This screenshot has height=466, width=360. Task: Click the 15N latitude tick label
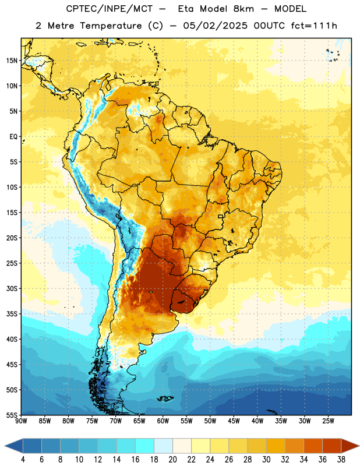[12, 61]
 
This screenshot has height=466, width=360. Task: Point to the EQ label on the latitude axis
[13, 137]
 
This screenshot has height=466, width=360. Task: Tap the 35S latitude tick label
[12, 314]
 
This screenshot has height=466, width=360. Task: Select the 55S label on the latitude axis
[12, 415]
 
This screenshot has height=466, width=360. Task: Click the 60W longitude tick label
[163, 421]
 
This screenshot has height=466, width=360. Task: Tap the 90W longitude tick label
[22, 421]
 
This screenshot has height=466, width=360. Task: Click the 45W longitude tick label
[234, 421]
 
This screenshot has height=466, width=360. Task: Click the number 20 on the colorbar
[172, 460]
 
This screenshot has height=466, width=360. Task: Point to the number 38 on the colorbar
[341, 460]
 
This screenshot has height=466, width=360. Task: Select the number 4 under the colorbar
[23, 460]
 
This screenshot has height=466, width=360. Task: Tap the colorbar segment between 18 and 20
[163, 446]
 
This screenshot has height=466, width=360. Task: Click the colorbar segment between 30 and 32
[276, 446]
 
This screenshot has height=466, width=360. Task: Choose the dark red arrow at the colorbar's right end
[350, 446]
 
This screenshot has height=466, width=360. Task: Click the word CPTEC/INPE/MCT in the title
[110, 9]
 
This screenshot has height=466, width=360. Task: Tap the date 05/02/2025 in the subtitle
[215, 26]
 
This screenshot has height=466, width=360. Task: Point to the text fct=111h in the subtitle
[314, 26]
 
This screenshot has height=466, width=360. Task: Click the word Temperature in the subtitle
[111, 26]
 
